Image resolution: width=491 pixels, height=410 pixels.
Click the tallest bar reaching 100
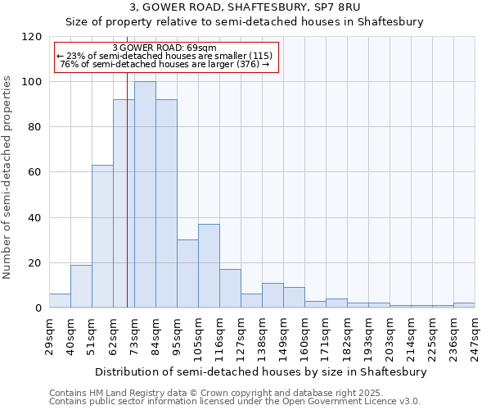[145, 194]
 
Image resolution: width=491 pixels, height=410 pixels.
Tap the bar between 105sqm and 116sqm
[209, 266]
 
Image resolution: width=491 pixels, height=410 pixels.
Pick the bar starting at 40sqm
[81, 286]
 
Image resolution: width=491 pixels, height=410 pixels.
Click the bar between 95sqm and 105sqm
[187, 274]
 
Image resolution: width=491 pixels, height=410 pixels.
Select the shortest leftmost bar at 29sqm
[60, 300]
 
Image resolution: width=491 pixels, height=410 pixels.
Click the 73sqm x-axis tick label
[134, 334]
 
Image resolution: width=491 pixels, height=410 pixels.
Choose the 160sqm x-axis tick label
[304, 335]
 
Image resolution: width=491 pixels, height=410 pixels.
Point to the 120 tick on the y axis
[32, 37]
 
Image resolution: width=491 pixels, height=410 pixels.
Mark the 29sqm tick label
[49, 334]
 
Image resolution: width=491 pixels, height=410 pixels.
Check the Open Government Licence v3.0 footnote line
[235, 402]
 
